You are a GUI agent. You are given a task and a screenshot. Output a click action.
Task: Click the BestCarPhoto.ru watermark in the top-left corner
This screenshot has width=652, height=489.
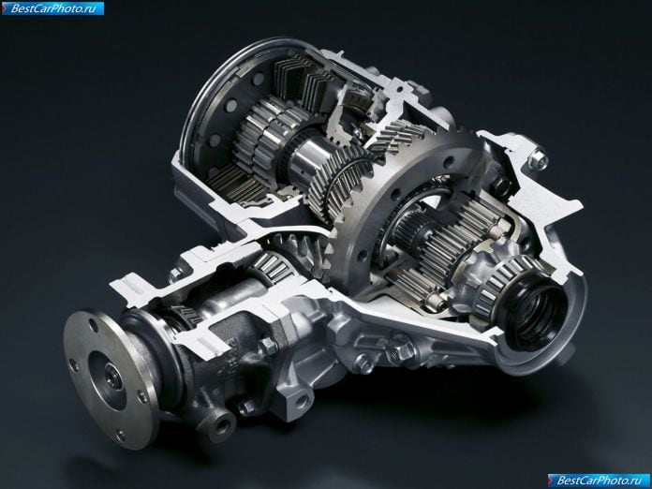point(52,8)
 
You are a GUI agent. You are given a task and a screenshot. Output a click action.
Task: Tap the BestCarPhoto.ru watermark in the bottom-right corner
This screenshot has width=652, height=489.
point(599,481)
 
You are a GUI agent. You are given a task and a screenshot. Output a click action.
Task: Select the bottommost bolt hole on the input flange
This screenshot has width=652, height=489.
point(121,436)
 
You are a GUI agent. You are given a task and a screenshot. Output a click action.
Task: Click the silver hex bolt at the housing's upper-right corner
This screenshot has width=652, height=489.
point(539,158)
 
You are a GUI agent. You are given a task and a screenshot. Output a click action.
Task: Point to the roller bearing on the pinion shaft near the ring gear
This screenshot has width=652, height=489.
point(271,265)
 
